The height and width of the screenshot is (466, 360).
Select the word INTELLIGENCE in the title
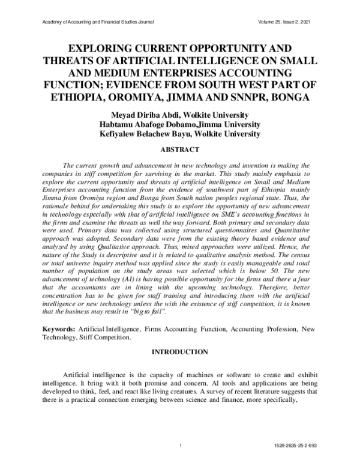[x=214, y=59]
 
